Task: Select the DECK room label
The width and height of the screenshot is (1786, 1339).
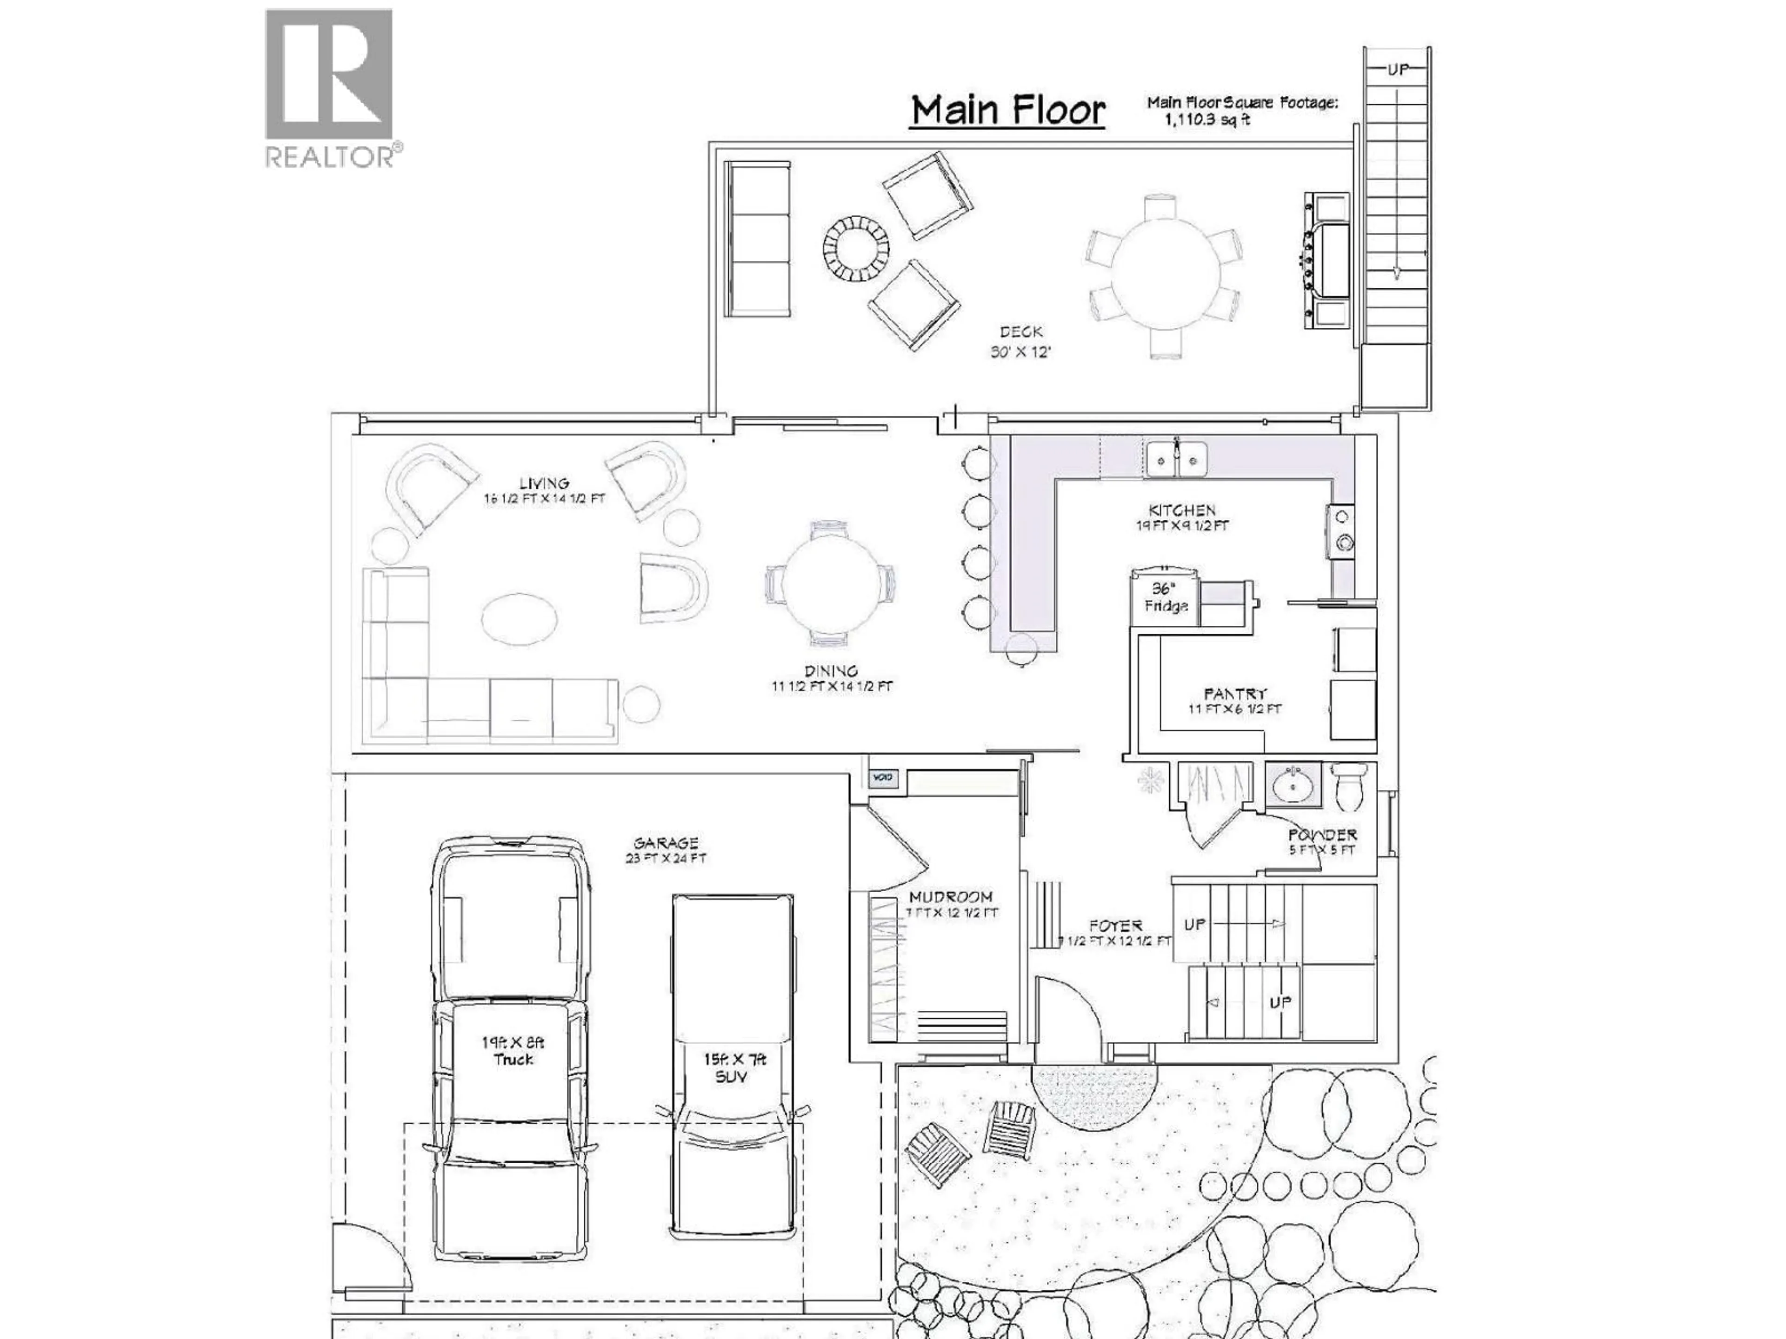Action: [1020, 331]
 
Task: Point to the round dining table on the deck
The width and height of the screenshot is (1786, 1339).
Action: [1164, 274]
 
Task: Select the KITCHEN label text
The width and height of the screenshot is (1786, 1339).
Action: [1182, 510]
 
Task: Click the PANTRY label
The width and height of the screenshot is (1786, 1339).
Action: [1234, 693]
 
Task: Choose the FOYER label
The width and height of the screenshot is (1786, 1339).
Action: [1115, 926]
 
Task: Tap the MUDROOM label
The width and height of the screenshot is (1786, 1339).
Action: [950, 897]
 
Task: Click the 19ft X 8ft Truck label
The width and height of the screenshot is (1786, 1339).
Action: [513, 1051]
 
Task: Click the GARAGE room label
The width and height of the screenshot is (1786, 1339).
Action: [665, 842]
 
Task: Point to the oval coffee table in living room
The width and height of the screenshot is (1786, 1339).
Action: [519, 619]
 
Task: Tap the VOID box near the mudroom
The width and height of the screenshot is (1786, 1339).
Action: [882, 778]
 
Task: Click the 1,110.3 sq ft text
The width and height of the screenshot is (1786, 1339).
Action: [1206, 119]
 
